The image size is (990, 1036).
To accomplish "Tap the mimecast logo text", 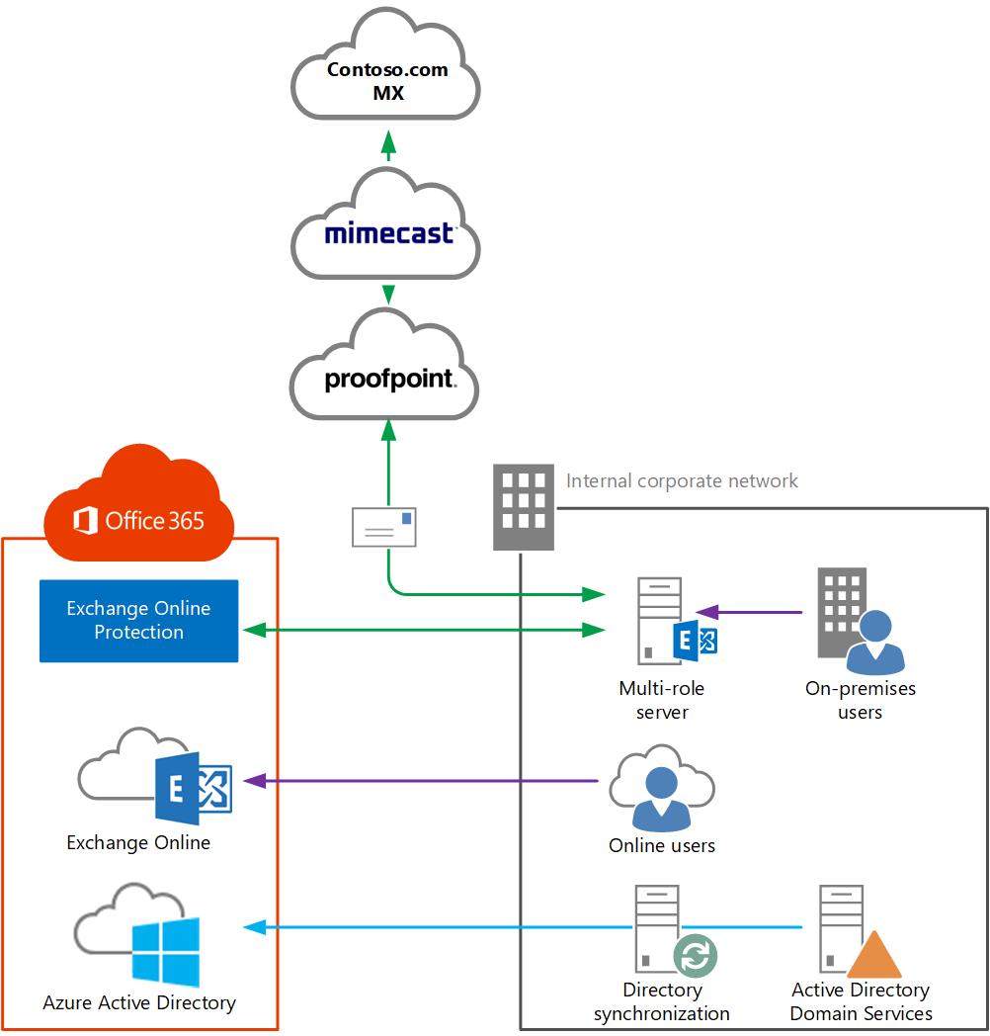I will coord(389,233).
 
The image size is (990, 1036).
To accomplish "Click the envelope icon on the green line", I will coord(384,527).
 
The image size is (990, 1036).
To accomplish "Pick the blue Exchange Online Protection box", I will coord(139,621).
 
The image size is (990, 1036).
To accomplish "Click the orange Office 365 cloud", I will coord(139,504).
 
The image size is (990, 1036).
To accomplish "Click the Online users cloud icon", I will coord(661,791).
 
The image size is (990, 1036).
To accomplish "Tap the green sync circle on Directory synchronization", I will coord(696,956).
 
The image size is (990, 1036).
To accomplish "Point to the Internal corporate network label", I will coord(682,481).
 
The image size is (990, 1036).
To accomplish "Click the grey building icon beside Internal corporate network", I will coord(524,507).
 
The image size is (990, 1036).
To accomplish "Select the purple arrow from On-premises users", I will coord(751,613).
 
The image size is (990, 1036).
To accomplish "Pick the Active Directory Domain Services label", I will coord(861,1002).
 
